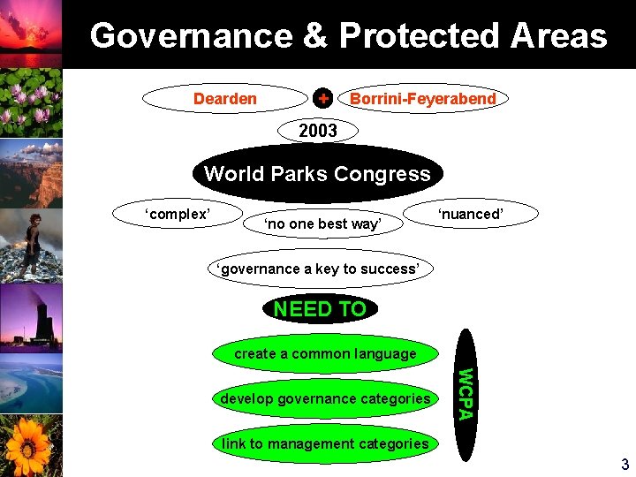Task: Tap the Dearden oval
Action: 224,98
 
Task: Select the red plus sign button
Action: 324,98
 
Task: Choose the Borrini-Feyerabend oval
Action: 422,99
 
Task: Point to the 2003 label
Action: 318,131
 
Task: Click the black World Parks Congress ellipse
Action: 317,174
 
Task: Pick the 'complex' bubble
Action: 177,214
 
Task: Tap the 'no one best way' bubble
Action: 323,224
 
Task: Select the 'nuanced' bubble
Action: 470,214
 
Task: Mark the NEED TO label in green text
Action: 320,309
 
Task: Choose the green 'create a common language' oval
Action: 325,353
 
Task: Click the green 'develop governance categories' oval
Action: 325,398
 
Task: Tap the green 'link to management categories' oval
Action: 325,443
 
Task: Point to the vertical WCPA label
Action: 466,389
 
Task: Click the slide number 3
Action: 624,465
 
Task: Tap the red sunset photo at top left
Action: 31,33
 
